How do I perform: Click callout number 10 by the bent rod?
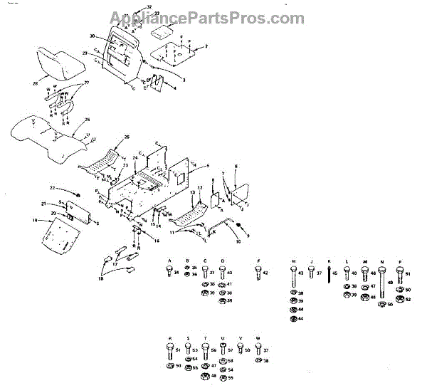pos(238,241)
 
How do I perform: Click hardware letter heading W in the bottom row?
pos(258,338)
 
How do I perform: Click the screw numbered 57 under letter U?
pos(223,350)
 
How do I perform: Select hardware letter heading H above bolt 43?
pos(292,261)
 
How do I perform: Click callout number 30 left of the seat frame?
pos(93,36)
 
